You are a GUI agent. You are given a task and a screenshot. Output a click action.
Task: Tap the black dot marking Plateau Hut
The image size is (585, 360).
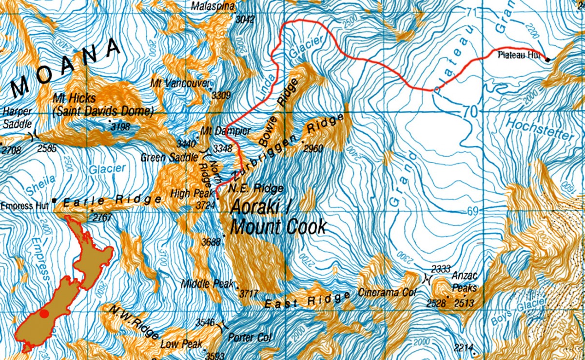pyautogui.click(x=547, y=60)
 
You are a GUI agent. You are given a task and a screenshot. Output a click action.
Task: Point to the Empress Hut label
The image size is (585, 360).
pyautogui.click(x=24, y=206)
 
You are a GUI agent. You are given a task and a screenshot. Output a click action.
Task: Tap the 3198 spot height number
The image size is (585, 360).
pyautogui.click(x=121, y=127)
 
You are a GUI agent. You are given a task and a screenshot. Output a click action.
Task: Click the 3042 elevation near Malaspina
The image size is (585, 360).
pyautogui.click(x=245, y=20)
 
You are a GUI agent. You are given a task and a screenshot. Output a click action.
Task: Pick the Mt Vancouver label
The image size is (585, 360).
pyautogui.click(x=180, y=83)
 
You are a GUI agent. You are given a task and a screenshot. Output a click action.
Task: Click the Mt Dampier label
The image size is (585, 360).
pyautogui.click(x=225, y=131)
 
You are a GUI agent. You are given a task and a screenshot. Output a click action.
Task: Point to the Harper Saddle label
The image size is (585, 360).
pyautogui.click(x=17, y=118)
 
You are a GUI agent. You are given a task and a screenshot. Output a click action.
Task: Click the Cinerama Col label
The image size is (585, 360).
pyautogui.click(x=388, y=293)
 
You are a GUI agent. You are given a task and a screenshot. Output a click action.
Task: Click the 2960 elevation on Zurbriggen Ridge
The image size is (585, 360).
pyautogui.click(x=313, y=149)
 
